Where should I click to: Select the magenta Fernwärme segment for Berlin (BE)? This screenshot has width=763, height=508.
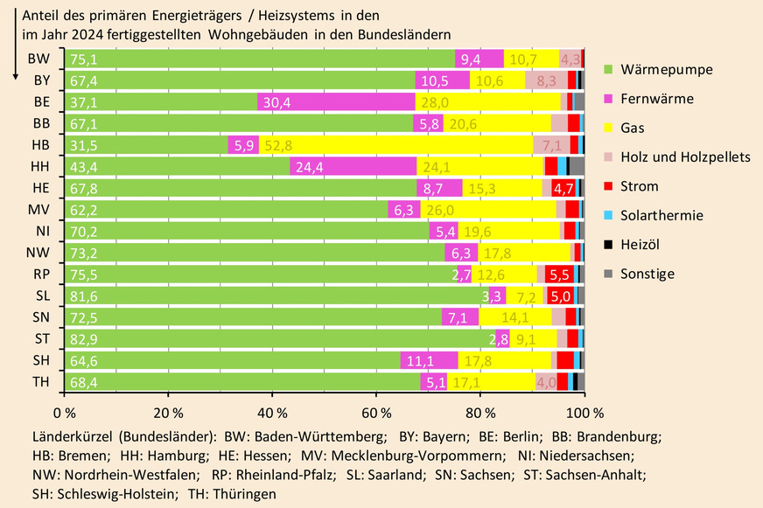coord(336,101)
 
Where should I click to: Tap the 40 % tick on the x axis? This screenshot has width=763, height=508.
coord(271,411)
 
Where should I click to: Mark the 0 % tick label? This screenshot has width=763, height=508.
coord(63,411)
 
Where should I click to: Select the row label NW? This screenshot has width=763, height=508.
coord(38,253)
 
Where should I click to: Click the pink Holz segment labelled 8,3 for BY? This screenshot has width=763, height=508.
coord(546,80)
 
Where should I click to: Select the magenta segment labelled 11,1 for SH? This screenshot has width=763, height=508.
coord(429,360)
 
